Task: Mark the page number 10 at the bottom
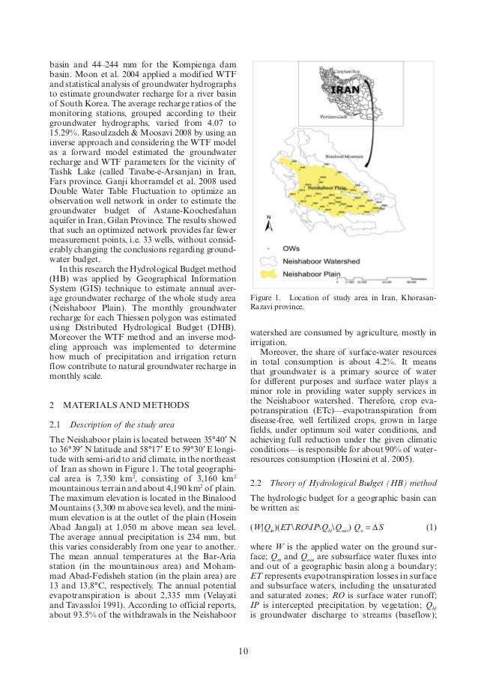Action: click(x=239, y=657)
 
